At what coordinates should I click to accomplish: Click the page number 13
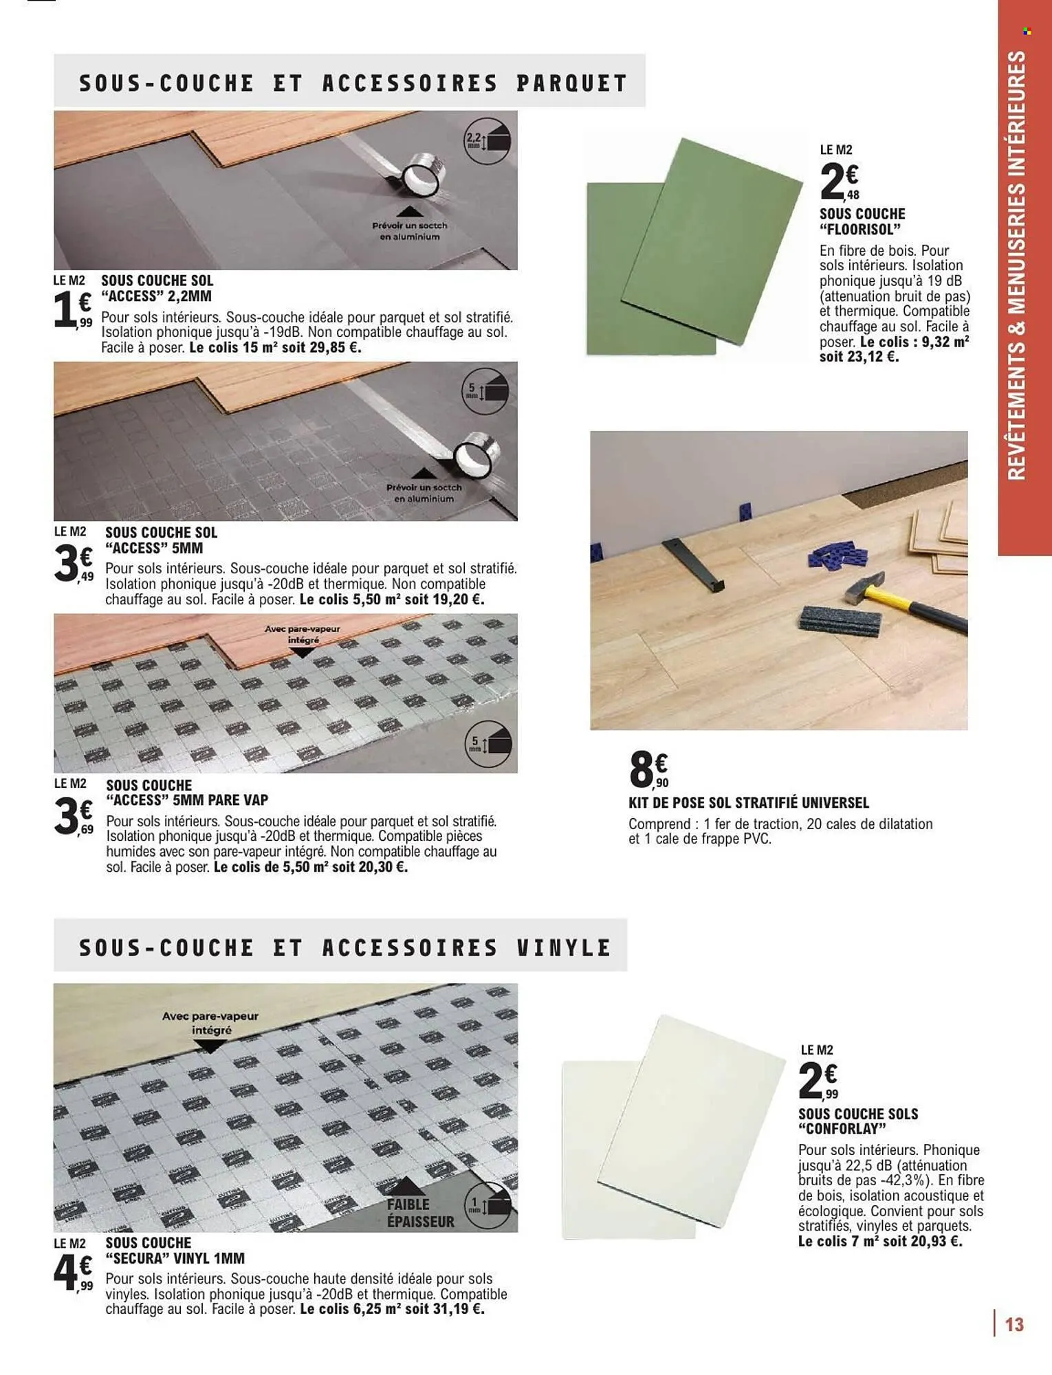pos(1014,1324)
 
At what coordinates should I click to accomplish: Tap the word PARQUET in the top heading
pos(571,83)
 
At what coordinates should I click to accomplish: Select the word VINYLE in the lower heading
pos(564,948)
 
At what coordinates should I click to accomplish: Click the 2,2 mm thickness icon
pos(487,141)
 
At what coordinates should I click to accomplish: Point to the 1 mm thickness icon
pos(487,1205)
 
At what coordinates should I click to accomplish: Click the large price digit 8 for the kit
pos(642,769)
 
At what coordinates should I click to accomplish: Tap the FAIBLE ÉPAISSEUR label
pos(420,1213)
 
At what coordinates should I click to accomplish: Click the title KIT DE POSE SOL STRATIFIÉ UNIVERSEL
pos(749,803)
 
